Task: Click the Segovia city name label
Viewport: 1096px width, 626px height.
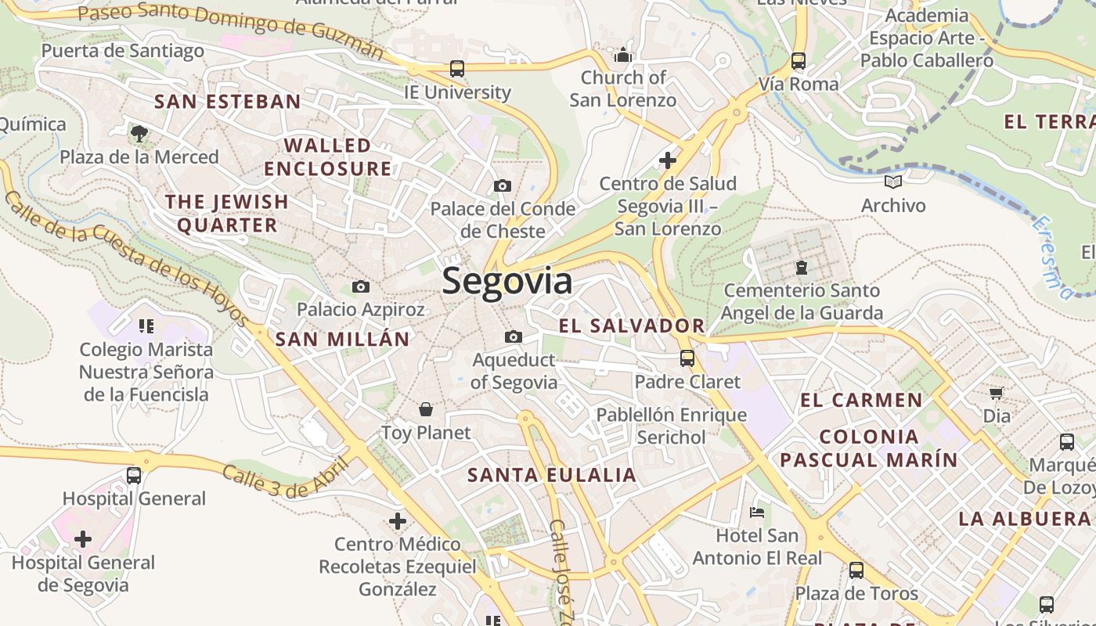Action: [507, 281]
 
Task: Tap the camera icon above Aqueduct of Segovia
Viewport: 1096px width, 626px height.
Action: [514, 336]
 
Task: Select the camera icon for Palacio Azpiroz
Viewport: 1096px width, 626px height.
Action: [361, 286]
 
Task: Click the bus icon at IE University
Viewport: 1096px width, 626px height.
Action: [457, 69]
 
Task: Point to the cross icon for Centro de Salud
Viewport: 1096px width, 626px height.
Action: [667, 160]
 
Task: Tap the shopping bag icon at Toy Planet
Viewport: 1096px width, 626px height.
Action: [426, 408]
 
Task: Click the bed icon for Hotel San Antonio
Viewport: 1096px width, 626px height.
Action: [757, 513]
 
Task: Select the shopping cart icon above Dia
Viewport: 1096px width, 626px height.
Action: [996, 393]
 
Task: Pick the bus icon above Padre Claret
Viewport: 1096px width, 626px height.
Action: [687, 358]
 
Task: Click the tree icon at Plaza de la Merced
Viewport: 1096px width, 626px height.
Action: [139, 134]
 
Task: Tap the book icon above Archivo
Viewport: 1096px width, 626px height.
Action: [893, 182]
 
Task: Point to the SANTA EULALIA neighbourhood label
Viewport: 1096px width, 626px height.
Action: [552, 475]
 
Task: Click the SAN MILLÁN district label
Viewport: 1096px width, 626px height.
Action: [342, 339]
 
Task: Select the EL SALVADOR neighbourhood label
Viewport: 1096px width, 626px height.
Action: [632, 326]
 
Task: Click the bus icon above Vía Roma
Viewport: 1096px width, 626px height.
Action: [798, 61]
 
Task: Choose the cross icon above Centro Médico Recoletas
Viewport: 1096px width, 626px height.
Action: [398, 520]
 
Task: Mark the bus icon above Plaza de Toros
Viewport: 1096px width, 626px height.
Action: [856, 570]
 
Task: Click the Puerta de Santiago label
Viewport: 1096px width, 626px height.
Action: [122, 51]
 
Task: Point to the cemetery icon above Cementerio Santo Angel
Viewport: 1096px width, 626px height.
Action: [802, 268]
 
